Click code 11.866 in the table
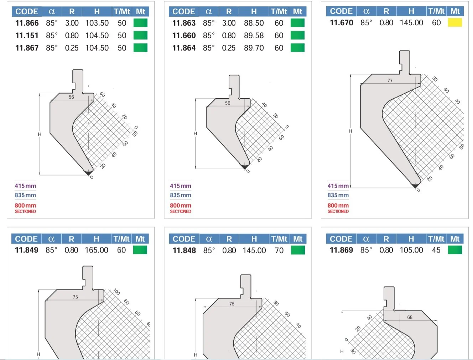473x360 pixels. click(27, 23)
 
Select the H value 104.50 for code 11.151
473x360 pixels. click(97, 36)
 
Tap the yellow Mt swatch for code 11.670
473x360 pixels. click(455, 23)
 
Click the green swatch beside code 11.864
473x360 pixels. click(297, 48)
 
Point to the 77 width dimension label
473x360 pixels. click(390, 80)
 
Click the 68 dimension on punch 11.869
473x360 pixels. click(410, 317)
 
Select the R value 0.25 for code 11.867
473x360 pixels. click(72, 48)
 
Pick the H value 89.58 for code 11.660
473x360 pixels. click(254, 36)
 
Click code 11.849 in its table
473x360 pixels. click(26, 250)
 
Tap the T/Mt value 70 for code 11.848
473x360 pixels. click(279, 251)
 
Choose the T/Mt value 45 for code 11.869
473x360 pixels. click(436, 250)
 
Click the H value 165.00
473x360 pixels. click(96, 250)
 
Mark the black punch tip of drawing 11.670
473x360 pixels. click(415, 186)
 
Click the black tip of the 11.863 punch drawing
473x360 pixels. click(245, 166)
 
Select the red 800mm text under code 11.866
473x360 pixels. click(25, 205)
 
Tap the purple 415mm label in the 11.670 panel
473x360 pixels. click(338, 186)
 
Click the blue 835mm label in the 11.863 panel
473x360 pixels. click(181, 195)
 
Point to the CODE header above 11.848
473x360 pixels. click(184, 239)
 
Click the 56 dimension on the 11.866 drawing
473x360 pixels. click(71, 97)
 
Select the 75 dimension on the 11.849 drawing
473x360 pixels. click(75, 297)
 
